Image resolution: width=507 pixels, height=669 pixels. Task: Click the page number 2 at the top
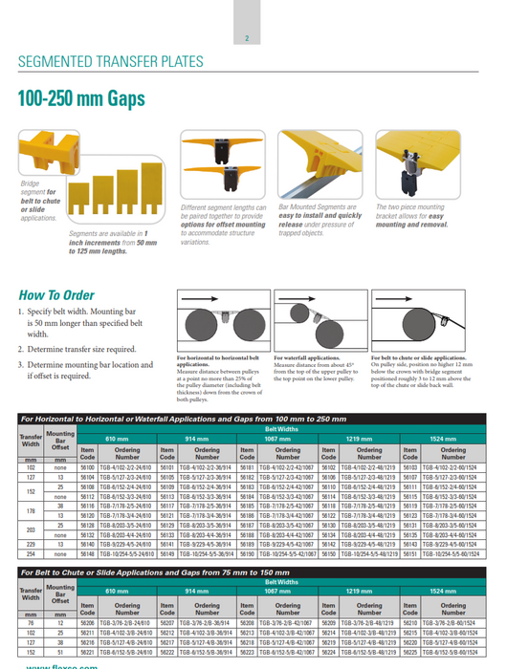[x=248, y=39]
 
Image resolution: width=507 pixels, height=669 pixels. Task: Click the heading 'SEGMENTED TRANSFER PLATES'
[x=111, y=64]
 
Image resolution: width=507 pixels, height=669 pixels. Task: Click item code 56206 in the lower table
[x=87, y=623]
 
